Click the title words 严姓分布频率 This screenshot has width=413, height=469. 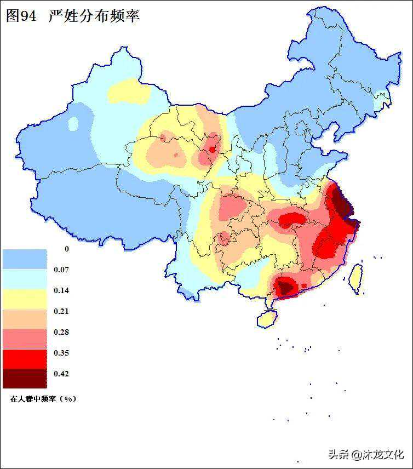(94, 16)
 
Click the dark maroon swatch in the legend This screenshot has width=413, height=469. (25, 378)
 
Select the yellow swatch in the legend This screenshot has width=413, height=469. (25, 299)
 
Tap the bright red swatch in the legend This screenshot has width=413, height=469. (25, 358)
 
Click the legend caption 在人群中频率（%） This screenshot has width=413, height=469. (43, 399)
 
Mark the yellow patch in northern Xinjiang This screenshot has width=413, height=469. (129, 91)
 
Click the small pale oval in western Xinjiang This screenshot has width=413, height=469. (73, 124)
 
